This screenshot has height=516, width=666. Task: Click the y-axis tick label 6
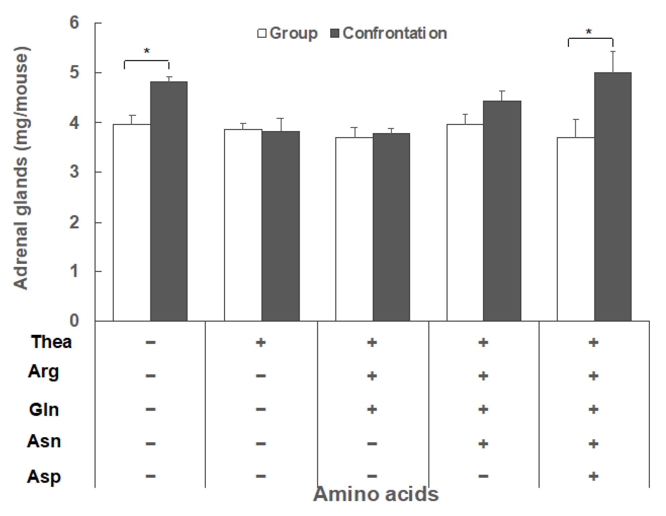tap(74, 23)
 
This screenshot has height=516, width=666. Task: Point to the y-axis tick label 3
tap(74, 172)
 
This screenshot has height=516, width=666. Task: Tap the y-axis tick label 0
tap(74, 321)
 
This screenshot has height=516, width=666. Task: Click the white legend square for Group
tap(262, 33)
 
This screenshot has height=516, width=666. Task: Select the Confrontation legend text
tap(395, 33)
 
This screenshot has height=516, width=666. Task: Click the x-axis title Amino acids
tap(376, 494)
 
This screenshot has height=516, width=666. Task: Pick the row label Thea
tap(51, 342)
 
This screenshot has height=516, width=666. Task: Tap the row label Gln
tap(44, 410)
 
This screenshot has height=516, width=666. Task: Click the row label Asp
tap(44, 477)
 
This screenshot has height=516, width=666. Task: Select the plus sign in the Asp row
tap(593, 476)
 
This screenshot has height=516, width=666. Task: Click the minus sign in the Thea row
tap(150, 343)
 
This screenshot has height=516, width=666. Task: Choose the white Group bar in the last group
tap(576, 229)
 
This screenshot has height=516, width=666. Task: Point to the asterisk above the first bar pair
tap(147, 52)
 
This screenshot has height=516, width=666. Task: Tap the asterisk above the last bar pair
tap(589, 32)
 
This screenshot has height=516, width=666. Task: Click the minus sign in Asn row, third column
tap(372, 444)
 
